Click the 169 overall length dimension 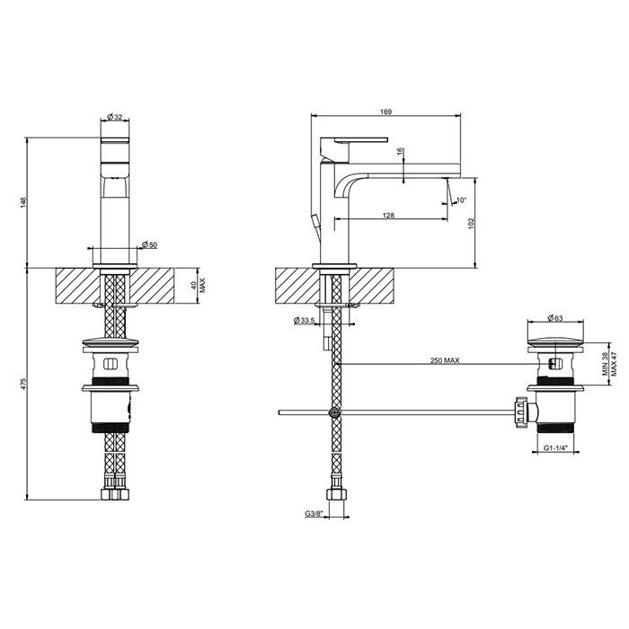[x=385, y=112]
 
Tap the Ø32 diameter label [x=115, y=117]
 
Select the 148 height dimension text [x=22, y=202]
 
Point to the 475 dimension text [x=22, y=384]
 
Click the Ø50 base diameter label [x=150, y=244]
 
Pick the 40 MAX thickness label [x=199, y=285]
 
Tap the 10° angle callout [x=462, y=199]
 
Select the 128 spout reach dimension [x=388, y=216]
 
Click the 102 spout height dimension [x=471, y=224]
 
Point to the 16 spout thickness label [x=400, y=152]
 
